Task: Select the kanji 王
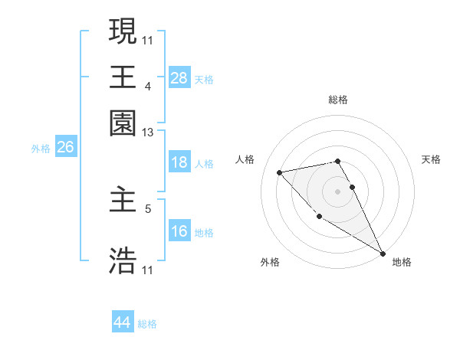pyautogui.click(x=123, y=77)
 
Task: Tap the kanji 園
pyautogui.click(x=123, y=123)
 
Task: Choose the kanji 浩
pyautogui.click(x=123, y=260)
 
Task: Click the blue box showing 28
pyautogui.click(x=179, y=78)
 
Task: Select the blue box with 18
pyautogui.click(x=179, y=163)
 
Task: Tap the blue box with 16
pyautogui.click(x=179, y=231)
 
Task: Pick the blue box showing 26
pyautogui.click(x=65, y=148)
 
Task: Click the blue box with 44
pyautogui.click(x=123, y=322)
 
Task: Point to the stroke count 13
pyautogui.click(x=148, y=133)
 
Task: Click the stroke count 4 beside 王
pyautogui.click(x=148, y=87)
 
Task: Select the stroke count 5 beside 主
pyautogui.click(x=148, y=208)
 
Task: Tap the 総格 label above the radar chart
pyautogui.click(x=337, y=100)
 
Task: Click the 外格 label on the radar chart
pyautogui.click(x=270, y=263)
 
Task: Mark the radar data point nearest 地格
pyautogui.click(x=383, y=253)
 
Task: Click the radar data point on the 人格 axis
pyautogui.click(x=280, y=172)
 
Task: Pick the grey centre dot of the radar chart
pyautogui.click(x=337, y=191)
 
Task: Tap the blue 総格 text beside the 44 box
pyautogui.click(x=147, y=324)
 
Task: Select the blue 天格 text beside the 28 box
pyautogui.click(x=204, y=79)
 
